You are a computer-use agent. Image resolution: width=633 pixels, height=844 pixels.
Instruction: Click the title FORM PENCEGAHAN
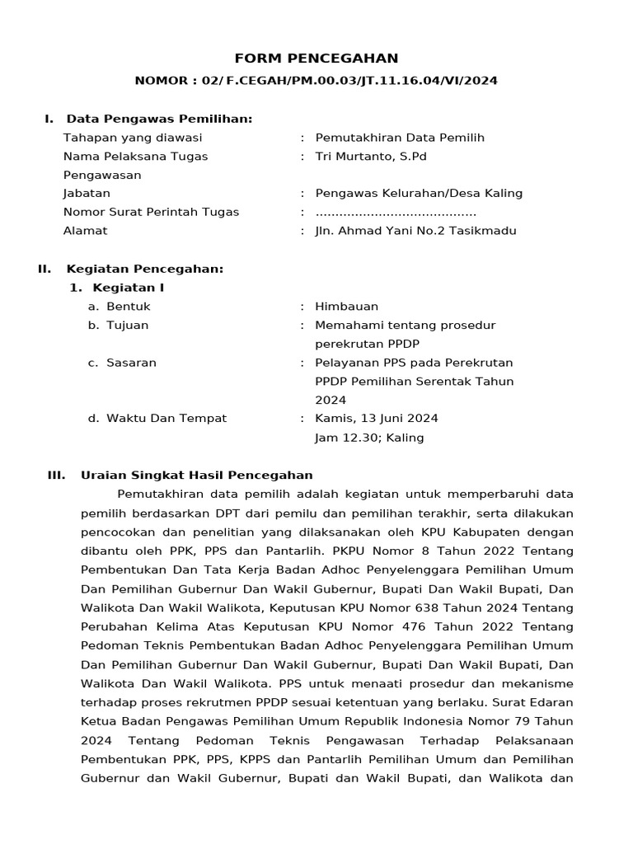(x=316, y=59)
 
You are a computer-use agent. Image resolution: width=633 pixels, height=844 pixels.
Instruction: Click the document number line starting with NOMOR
(x=316, y=81)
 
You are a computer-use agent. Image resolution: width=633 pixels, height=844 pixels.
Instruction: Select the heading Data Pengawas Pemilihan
(x=159, y=119)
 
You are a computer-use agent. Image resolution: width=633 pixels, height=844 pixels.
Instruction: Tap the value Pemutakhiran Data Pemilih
(x=400, y=138)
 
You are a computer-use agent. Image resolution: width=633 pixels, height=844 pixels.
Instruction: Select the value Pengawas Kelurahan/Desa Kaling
(x=419, y=194)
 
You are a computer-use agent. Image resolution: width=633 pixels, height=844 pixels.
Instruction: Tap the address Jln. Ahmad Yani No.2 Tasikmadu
(x=415, y=231)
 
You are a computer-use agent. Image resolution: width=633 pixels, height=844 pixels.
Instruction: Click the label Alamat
(x=85, y=231)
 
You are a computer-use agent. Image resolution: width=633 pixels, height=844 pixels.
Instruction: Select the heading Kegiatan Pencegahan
(x=144, y=269)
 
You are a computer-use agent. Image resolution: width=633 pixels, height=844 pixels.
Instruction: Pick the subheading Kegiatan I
(x=128, y=288)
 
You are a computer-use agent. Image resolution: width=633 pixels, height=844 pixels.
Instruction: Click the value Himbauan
(x=346, y=307)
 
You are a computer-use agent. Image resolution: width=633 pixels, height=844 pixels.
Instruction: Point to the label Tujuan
(x=127, y=325)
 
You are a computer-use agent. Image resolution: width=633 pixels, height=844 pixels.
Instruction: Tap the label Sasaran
(x=131, y=363)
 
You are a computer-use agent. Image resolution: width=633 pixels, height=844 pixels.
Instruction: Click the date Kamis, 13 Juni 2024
(x=377, y=419)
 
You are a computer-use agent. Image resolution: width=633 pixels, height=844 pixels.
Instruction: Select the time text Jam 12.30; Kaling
(x=369, y=438)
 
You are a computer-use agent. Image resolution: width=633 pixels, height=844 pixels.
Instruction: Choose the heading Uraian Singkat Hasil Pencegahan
(x=196, y=475)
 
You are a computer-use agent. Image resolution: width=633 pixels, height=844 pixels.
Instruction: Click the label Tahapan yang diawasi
(x=132, y=138)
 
